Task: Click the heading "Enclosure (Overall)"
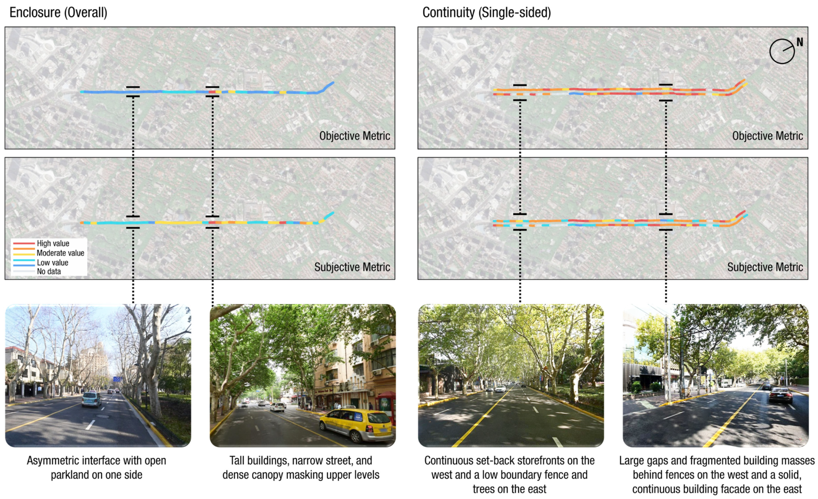58,13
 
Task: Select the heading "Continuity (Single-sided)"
486,13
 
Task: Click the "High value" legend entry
53,243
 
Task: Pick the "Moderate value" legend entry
60,253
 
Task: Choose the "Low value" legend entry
52,262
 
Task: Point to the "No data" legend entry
49,271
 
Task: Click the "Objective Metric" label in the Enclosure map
354,136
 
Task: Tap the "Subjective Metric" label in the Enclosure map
352,267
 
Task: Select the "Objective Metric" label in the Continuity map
767,136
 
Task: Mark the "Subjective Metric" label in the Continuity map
765,267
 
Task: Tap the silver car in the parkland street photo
91,399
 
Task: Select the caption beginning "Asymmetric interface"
96,467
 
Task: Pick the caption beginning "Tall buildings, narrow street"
301,467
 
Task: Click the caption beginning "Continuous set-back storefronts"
509,474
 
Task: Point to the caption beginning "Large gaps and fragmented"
717,474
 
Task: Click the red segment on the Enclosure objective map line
212,92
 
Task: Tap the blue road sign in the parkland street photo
117,379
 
